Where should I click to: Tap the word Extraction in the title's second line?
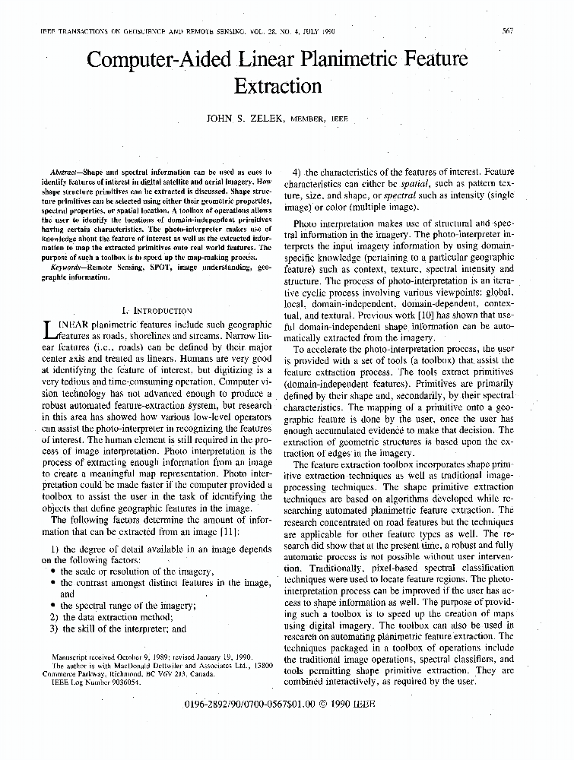click(277, 86)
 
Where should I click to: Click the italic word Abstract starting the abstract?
click(62, 174)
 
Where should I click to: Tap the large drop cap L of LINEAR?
click(50, 328)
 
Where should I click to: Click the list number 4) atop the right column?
click(298, 173)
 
